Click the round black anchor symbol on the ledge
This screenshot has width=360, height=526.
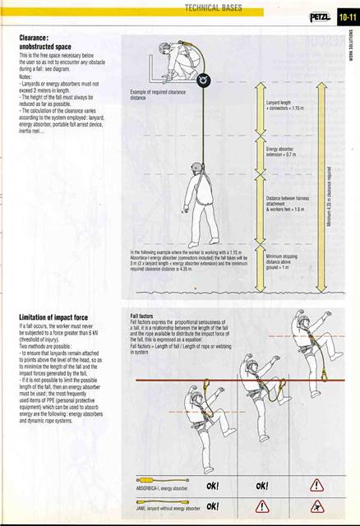pos(201,80)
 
